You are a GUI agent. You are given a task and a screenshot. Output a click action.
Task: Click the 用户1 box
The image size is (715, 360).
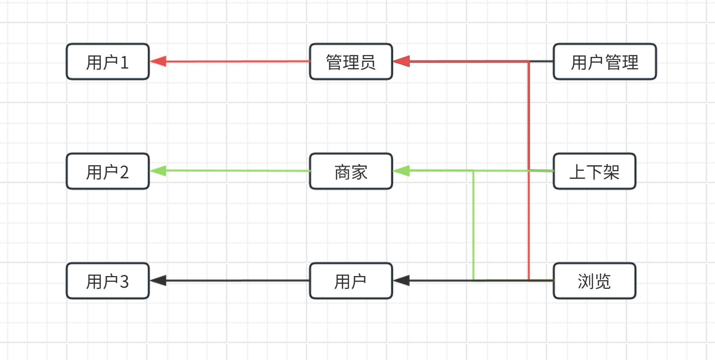point(108,62)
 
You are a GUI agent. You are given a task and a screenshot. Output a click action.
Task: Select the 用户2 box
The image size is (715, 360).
point(108,171)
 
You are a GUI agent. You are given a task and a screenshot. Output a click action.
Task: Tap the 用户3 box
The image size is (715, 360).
point(108,281)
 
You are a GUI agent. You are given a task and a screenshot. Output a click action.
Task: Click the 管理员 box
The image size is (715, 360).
point(351,62)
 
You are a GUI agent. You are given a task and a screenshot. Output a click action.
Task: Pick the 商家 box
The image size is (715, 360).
point(351,171)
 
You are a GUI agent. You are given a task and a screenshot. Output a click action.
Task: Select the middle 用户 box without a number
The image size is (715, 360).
point(351,281)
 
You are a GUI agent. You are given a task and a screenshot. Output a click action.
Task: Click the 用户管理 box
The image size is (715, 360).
point(605,62)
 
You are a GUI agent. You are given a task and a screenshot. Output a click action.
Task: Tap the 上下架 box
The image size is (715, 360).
point(594,171)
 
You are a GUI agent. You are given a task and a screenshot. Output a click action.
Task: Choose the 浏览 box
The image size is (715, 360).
point(594,281)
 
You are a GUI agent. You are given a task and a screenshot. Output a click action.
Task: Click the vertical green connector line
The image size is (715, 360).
point(473,225)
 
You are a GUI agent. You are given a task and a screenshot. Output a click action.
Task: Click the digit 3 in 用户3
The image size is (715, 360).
point(124,281)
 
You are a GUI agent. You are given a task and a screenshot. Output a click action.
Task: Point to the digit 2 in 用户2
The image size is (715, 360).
point(124,172)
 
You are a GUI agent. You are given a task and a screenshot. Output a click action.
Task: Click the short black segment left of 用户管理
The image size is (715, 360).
point(542,61)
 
